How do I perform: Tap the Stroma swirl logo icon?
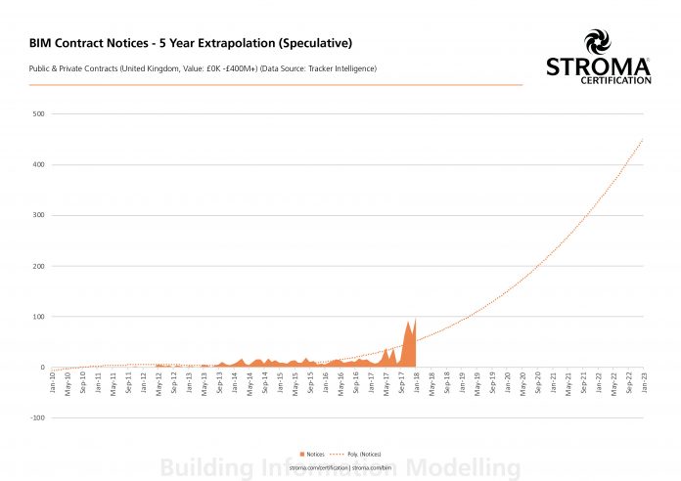click(597, 41)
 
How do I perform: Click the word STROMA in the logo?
click(597, 67)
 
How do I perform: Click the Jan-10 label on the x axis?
click(53, 381)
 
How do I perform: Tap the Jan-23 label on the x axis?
click(645, 381)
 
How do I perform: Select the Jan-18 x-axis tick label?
click(418, 381)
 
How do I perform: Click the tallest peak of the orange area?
click(415, 319)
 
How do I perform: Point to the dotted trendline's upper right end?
click(643, 139)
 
